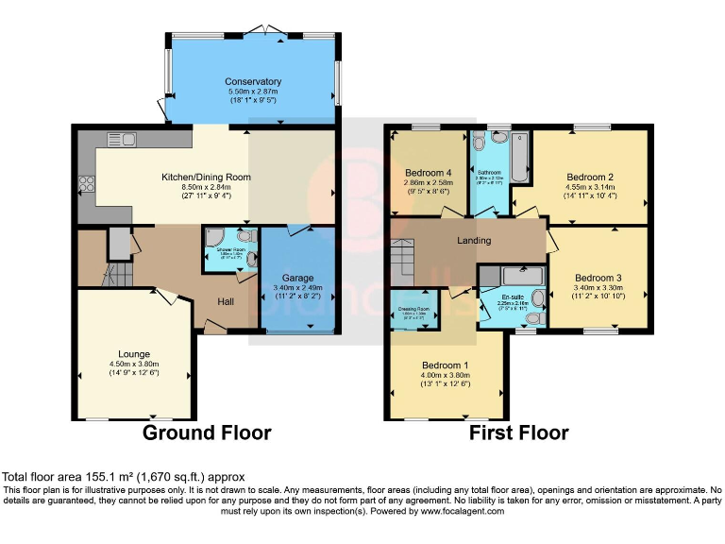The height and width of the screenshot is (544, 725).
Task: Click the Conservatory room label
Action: [253, 81]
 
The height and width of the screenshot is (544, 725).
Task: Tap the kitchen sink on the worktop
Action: [121, 141]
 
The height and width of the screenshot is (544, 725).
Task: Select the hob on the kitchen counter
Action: [85, 183]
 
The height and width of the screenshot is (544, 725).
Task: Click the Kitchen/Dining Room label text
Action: [205, 177]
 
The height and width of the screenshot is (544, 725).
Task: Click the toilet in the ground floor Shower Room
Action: [246, 237]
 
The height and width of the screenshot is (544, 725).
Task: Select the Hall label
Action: [227, 301]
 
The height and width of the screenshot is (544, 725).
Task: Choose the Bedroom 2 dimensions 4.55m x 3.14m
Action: [591, 188]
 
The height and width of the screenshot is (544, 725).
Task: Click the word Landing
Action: [473, 240]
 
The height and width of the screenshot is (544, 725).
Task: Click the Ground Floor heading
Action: [207, 433]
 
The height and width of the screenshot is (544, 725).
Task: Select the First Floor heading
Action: [519, 433]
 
